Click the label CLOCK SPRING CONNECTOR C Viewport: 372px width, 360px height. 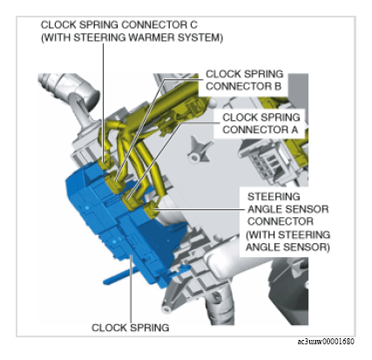click(x=119, y=24)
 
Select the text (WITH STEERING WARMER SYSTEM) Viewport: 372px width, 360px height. click(x=132, y=37)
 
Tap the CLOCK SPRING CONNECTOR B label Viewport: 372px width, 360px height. click(x=244, y=80)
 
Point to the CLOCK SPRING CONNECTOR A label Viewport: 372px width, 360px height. click(x=260, y=124)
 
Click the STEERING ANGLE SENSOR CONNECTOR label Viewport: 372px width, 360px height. click(x=287, y=209)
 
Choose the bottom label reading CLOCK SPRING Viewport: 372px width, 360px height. click(x=131, y=328)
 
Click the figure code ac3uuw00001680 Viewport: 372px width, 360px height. click(x=326, y=342)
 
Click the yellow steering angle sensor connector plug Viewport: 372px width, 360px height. click(x=151, y=210)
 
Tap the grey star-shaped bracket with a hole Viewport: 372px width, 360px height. click(x=198, y=150)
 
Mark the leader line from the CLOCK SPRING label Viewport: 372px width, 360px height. click(x=132, y=289)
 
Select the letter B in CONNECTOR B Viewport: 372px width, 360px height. click(x=278, y=86)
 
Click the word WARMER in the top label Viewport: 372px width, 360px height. click(x=152, y=37)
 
